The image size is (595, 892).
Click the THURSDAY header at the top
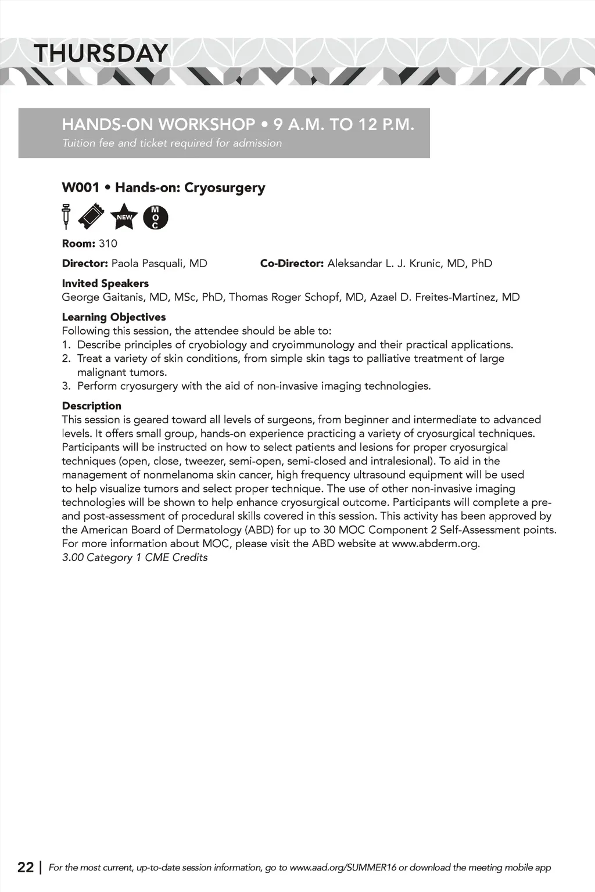click(101, 54)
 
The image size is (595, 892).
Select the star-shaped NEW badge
click(124, 217)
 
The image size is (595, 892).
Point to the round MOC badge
click(155, 217)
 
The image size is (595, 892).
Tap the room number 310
click(107, 243)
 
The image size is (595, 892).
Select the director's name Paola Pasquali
click(159, 264)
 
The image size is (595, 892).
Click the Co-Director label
click(292, 264)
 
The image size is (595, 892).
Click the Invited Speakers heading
click(105, 283)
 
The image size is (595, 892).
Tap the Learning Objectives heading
click(114, 317)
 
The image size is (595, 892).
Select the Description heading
click(92, 406)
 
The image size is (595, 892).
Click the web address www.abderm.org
click(435, 544)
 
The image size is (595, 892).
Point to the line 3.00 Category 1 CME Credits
click(135, 557)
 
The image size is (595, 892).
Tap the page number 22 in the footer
click(26, 867)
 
